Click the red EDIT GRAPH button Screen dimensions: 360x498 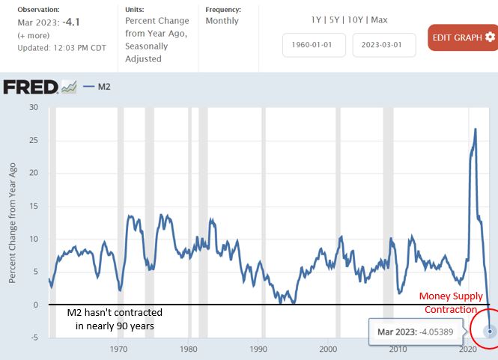point(462,37)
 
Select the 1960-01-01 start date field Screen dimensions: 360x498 point(314,45)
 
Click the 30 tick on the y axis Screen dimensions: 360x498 point(33,107)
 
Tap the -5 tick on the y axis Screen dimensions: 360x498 point(33,338)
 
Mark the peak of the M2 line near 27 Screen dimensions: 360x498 point(476,129)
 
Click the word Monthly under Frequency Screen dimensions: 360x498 point(222,22)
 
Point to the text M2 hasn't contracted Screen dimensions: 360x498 point(111,311)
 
